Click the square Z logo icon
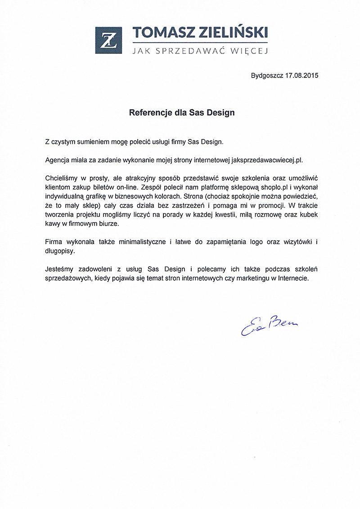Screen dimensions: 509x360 108,40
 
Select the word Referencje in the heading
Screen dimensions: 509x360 150,112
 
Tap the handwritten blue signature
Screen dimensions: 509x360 269,325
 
